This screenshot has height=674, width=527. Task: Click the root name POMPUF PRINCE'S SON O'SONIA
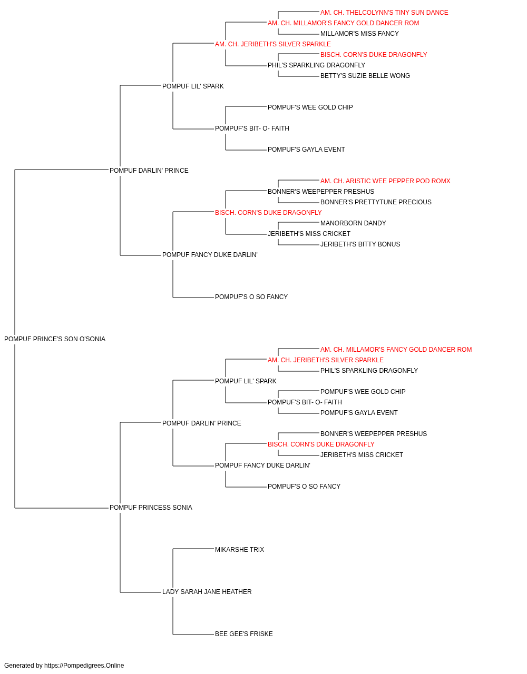pyautogui.click(x=55, y=339)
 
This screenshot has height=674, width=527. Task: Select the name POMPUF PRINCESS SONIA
pyautogui.click(x=151, y=508)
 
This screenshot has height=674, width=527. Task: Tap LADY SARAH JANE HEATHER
pyautogui.click(x=207, y=592)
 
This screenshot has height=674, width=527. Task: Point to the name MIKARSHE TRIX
pyautogui.click(x=239, y=550)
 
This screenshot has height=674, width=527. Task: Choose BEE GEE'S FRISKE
pyautogui.click(x=243, y=634)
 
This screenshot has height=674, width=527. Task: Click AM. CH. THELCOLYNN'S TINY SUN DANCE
pyautogui.click(x=384, y=13)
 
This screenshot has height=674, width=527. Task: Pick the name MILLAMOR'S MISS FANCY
pyautogui.click(x=359, y=34)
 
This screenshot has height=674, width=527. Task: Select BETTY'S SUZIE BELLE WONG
pyautogui.click(x=365, y=76)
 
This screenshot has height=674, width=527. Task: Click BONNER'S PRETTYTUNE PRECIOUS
pyautogui.click(x=376, y=202)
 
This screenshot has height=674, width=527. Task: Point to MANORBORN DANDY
pyautogui.click(x=353, y=223)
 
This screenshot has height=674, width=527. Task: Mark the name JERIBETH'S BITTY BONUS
pyautogui.click(x=360, y=244)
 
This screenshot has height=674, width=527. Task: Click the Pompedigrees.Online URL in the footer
pyautogui.click(x=84, y=666)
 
